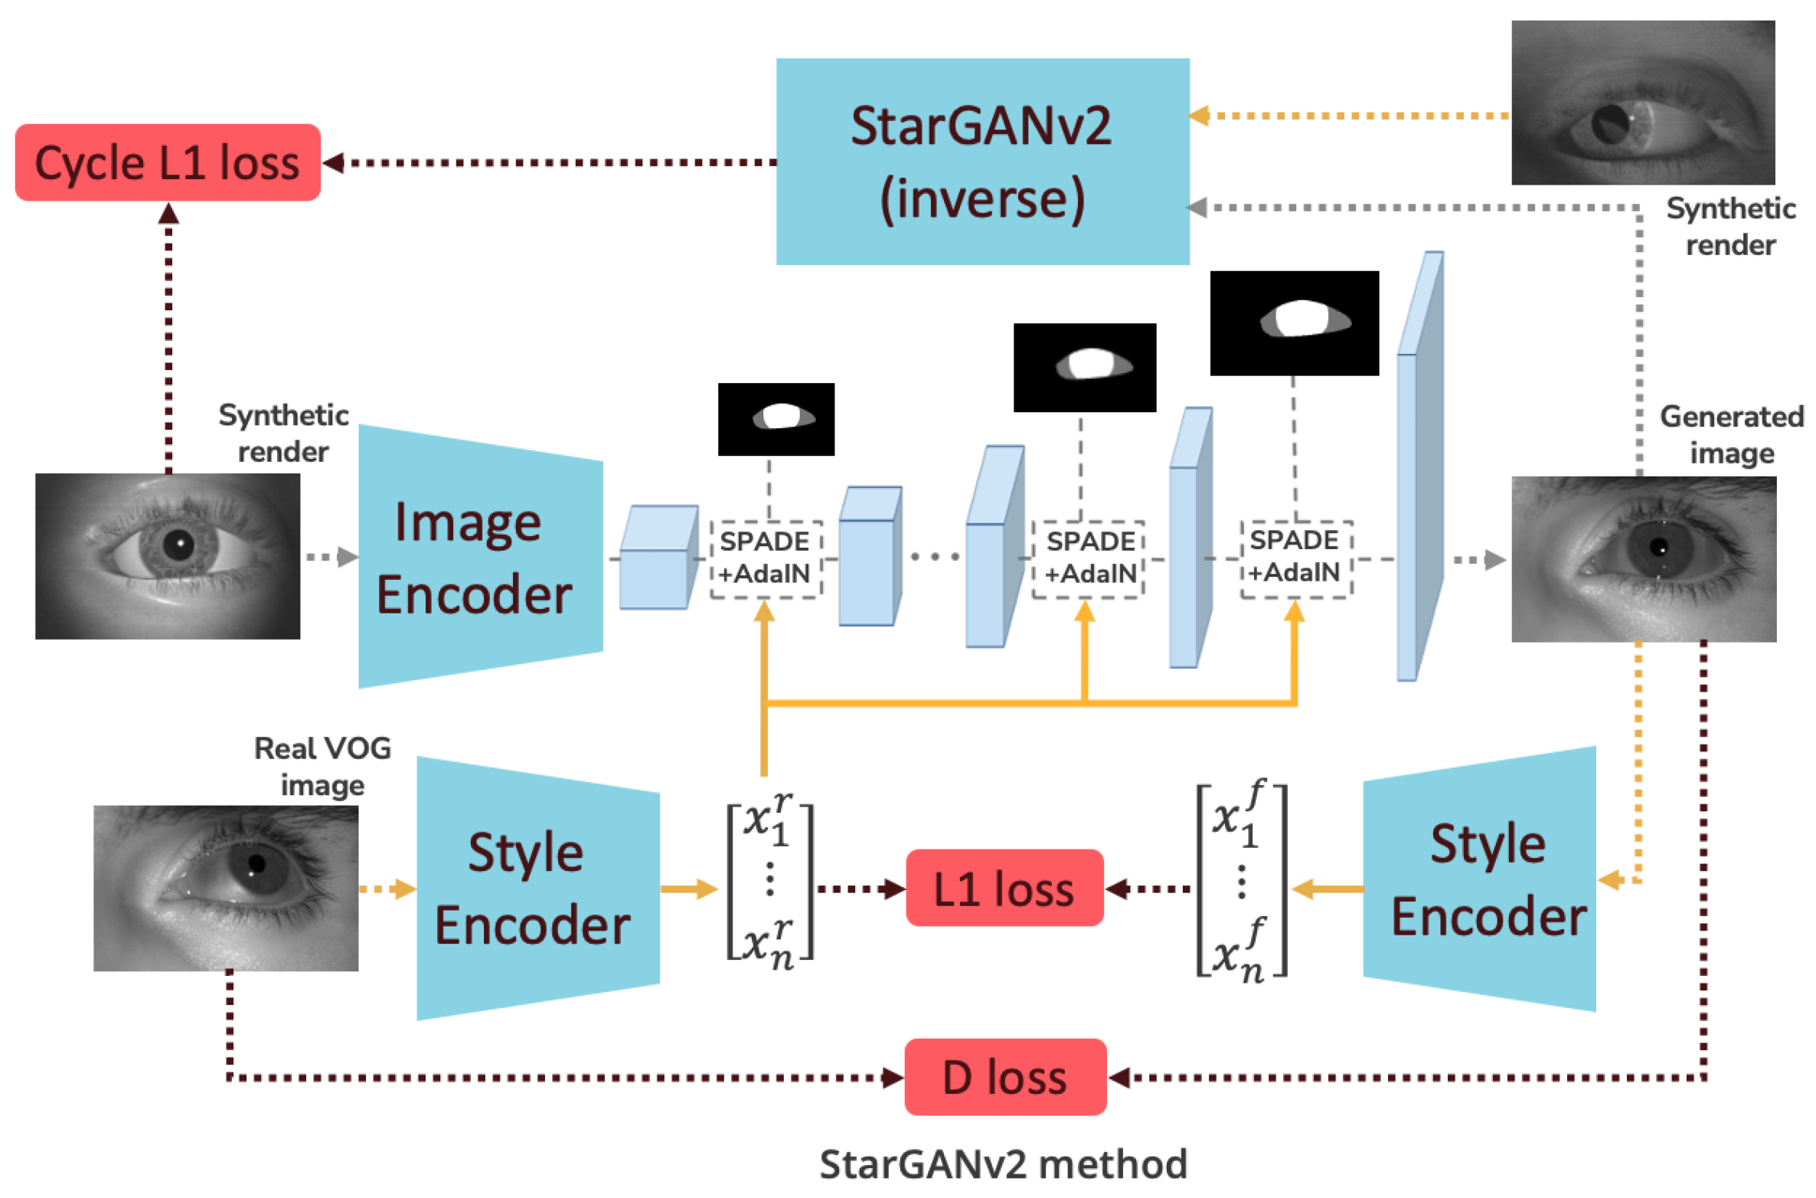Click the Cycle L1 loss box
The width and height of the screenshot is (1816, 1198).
pos(167,162)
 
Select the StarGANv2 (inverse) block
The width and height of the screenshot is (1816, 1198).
pos(981,162)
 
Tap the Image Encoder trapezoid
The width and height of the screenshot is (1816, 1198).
pos(480,557)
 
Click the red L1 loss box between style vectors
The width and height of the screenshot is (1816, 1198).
pos(1003,889)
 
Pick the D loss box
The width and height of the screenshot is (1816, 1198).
pos(1004,1077)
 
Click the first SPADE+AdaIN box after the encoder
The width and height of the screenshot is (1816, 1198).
pos(765,558)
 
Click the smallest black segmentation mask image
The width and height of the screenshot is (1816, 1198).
pos(775,419)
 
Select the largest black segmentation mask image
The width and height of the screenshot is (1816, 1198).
pos(1293,322)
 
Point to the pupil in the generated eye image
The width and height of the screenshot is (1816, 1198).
pos(1658,547)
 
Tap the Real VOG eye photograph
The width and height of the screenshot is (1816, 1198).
pos(225,888)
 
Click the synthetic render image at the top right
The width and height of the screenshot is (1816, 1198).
pos(1642,103)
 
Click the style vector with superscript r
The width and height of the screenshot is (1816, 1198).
pos(769,881)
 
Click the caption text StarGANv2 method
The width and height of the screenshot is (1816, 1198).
pos(1002,1164)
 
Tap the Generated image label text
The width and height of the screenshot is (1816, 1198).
pos(1730,434)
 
